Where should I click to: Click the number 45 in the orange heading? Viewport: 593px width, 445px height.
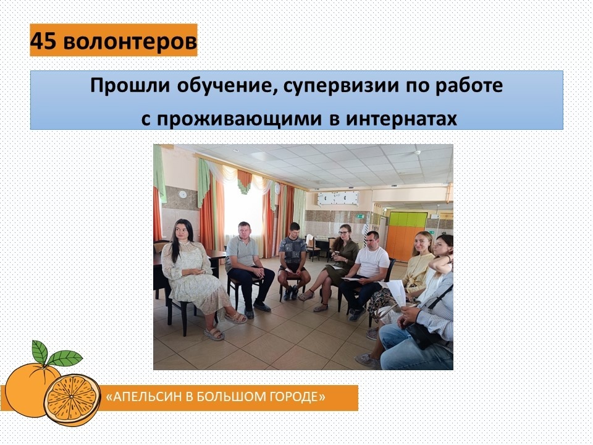[43, 41]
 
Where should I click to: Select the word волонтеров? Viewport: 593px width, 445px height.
[130, 41]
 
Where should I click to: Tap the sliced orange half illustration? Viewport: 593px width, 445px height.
[72, 399]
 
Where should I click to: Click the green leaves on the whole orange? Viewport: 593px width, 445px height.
[57, 354]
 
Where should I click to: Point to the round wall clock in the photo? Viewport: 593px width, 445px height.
[182, 195]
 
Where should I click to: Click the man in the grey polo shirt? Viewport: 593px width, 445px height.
[248, 267]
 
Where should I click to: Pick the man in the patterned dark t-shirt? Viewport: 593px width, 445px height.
[292, 260]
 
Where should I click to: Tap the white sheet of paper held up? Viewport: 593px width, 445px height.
[397, 292]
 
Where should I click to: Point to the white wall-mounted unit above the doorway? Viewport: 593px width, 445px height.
[338, 198]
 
